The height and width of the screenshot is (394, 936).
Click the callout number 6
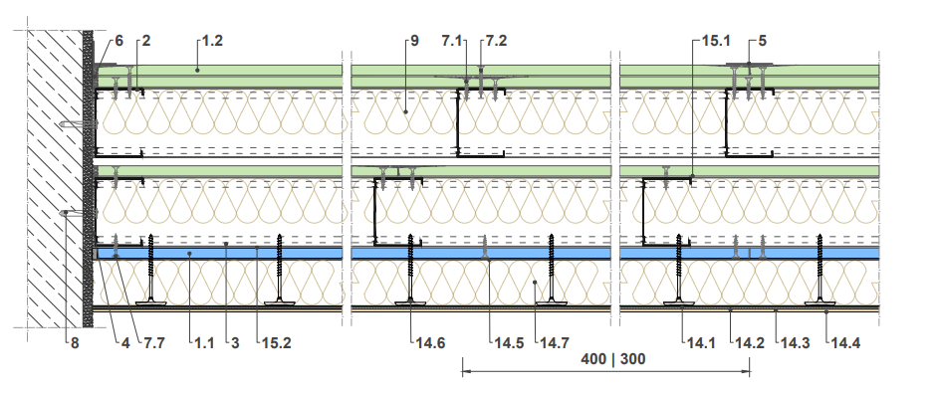118,41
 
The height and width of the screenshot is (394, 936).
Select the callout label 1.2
212,41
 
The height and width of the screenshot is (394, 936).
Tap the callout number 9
414,41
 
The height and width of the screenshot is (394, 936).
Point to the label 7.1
452,41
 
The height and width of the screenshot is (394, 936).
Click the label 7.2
496,41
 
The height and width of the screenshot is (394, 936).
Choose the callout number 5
763,41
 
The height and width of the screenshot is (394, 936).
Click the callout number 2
146,41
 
